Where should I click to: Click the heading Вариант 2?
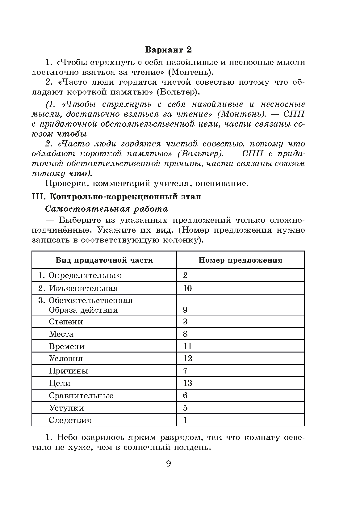tap(169, 50)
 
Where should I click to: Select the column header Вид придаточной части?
tap(104, 260)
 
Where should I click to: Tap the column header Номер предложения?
tap(240, 260)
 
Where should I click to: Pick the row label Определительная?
tap(85, 276)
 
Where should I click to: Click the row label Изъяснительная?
tap(83, 289)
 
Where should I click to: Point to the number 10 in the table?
tap(187, 289)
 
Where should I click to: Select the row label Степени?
tap(66, 322)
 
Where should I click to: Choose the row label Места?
tap(61, 334)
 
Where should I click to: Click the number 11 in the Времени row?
tap(187, 346)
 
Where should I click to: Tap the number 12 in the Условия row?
tap(187, 359)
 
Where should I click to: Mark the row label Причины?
tap(68, 371)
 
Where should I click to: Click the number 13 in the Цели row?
tap(187, 383)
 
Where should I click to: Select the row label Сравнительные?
tap(81, 396)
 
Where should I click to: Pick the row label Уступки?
tap(66, 408)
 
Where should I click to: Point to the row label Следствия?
tap(70, 420)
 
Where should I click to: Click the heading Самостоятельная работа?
tap(107, 209)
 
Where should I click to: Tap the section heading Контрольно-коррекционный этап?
tap(125, 197)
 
